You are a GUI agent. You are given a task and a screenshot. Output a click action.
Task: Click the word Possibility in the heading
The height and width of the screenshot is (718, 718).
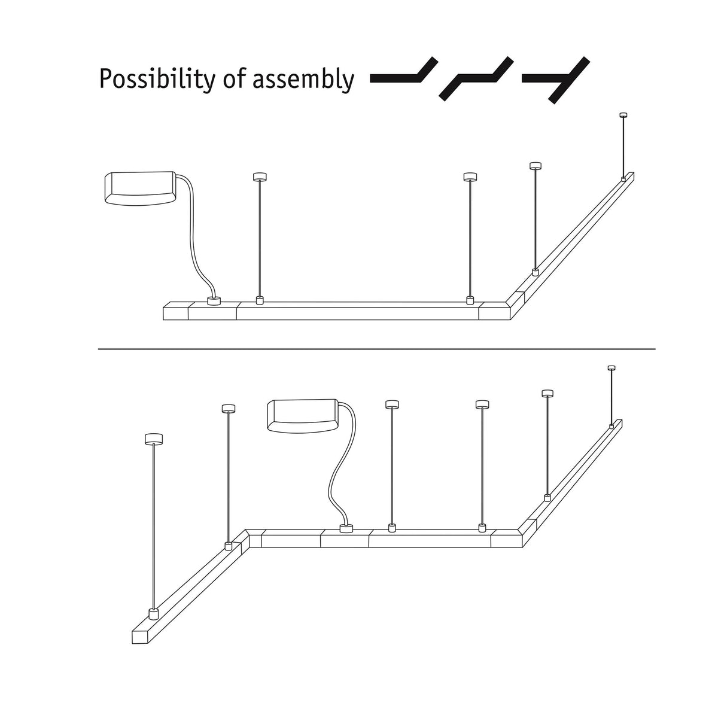tap(157, 80)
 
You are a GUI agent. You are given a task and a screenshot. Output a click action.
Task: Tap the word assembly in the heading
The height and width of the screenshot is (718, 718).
tap(303, 80)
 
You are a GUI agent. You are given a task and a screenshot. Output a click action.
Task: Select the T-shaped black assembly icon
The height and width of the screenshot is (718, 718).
tap(556, 80)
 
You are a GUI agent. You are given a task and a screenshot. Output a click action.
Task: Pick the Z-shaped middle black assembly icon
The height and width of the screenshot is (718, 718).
tap(476, 78)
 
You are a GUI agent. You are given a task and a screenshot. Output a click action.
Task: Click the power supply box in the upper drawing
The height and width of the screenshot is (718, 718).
tap(140, 188)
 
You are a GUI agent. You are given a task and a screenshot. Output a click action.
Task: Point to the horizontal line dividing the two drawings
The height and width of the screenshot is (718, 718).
tap(377, 349)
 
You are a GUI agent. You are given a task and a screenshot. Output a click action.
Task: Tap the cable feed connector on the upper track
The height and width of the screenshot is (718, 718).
tap(214, 301)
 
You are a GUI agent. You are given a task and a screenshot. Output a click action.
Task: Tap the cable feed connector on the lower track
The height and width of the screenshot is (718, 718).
tap(346, 528)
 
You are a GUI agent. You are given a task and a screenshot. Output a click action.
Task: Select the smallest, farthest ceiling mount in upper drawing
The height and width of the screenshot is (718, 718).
tap(623, 115)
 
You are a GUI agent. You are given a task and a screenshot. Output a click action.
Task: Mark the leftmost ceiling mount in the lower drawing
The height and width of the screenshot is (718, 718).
tap(154, 439)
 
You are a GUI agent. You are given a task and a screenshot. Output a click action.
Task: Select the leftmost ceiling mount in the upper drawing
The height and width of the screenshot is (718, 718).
tap(260, 177)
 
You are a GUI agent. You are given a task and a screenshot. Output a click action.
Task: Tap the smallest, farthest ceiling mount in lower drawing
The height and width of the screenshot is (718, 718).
tap(611, 368)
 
